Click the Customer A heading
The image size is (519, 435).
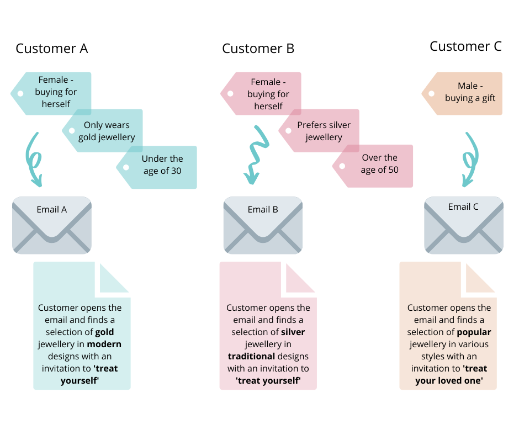pyautogui.click(x=51, y=49)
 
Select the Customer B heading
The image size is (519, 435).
pyautogui.click(x=258, y=49)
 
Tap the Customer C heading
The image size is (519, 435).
pyautogui.click(x=465, y=46)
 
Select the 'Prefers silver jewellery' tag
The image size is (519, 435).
pyautogui.click(x=322, y=131)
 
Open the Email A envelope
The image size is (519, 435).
pyautogui.click(x=52, y=225)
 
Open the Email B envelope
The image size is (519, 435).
pyautogui.click(x=263, y=225)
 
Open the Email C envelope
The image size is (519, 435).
pyautogui.click(x=463, y=225)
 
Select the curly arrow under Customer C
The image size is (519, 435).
pyautogui.click(x=469, y=159)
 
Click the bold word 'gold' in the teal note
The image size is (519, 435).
pyautogui.click(x=105, y=332)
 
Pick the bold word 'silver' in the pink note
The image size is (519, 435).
pyautogui.click(x=293, y=332)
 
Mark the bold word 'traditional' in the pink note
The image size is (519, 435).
pyautogui.click(x=251, y=357)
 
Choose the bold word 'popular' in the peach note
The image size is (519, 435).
pyautogui.click(x=474, y=332)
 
